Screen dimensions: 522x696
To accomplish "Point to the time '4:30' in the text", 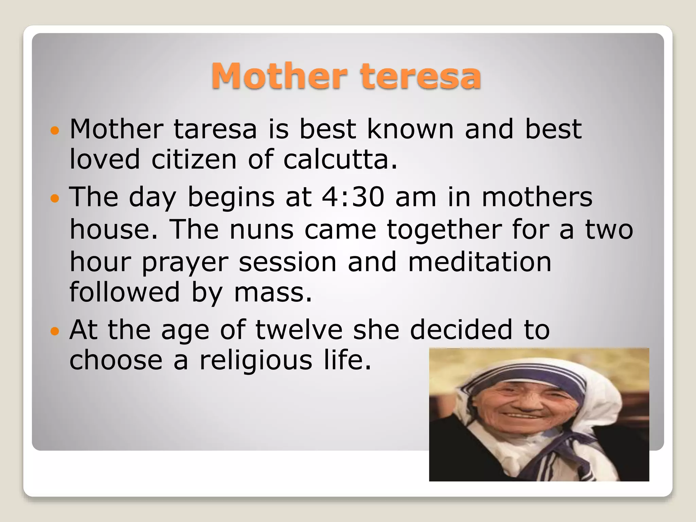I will [x=353, y=197].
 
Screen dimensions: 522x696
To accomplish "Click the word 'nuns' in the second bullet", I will [x=261, y=230].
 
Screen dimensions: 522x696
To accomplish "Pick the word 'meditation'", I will [x=480, y=262].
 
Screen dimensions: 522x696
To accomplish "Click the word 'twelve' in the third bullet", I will [x=299, y=330].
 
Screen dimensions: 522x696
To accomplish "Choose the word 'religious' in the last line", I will [x=256, y=360].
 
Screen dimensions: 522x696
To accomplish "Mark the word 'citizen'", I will [x=194, y=159].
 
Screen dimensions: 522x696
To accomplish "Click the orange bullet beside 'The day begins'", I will [x=54, y=198].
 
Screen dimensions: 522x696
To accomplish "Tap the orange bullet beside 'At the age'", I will [x=54, y=331].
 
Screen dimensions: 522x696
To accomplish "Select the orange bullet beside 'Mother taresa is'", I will [x=54, y=130].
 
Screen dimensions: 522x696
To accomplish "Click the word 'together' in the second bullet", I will [x=445, y=230].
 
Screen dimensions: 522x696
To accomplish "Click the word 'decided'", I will [x=461, y=330].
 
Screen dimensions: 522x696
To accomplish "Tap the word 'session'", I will [x=288, y=262].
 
